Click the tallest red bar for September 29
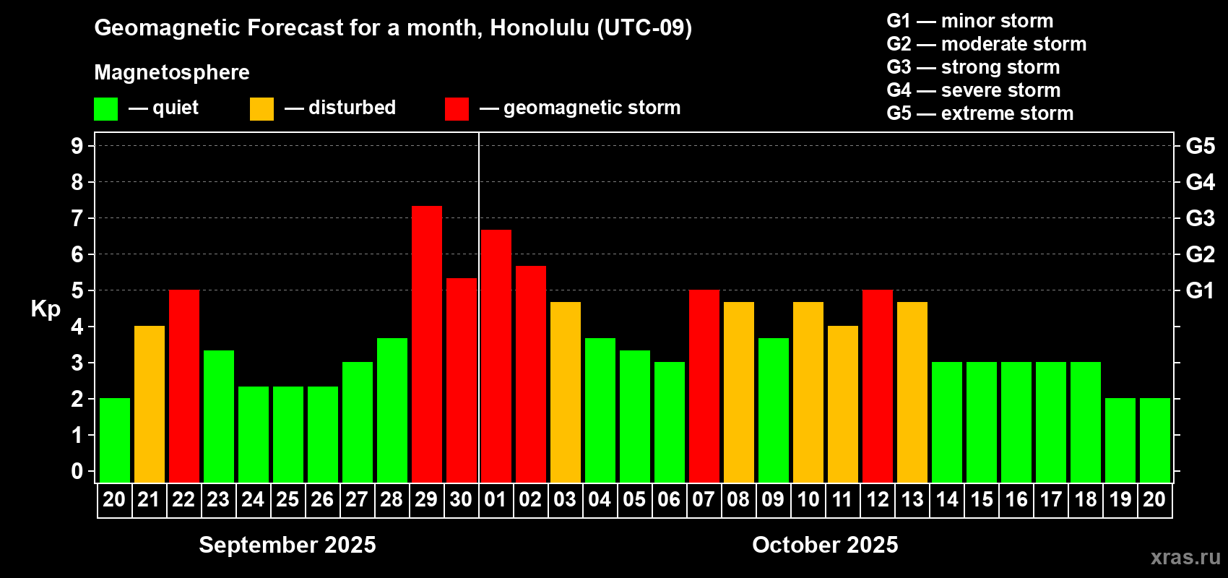coord(426,344)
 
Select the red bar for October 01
coord(496,356)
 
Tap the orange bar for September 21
coord(149,404)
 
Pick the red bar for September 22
coord(184,386)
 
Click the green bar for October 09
coord(774,410)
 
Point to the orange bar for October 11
coord(842,404)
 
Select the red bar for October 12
coord(878,386)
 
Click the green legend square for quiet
coord(105,108)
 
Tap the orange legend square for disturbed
coord(261,108)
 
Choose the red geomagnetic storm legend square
coord(457,108)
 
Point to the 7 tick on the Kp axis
coord(77,218)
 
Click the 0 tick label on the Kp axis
coord(77,471)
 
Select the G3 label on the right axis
coord(1201,218)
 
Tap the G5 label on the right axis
coord(1201,146)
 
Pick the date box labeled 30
coord(461,500)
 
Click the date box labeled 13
coord(912,500)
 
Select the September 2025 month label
coord(287,545)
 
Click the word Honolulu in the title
coord(540,28)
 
